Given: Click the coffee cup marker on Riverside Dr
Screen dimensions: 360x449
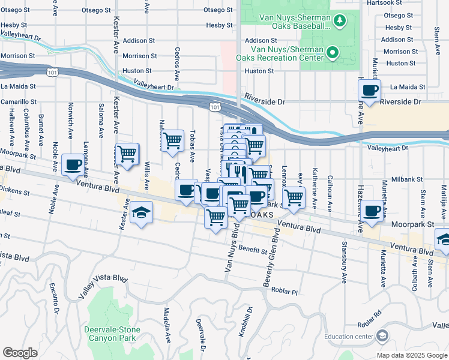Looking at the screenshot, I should point(369,91).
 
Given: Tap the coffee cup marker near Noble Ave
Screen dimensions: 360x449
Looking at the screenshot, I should point(73,164).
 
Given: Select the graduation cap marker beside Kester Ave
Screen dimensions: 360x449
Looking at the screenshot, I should point(141,213).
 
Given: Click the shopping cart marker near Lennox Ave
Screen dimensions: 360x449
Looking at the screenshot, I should point(294,197).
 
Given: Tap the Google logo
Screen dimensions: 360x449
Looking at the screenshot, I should point(20,353).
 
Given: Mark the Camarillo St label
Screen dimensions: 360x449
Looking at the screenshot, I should point(18,103).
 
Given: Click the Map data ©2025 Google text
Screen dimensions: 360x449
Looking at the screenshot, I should point(411,355).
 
